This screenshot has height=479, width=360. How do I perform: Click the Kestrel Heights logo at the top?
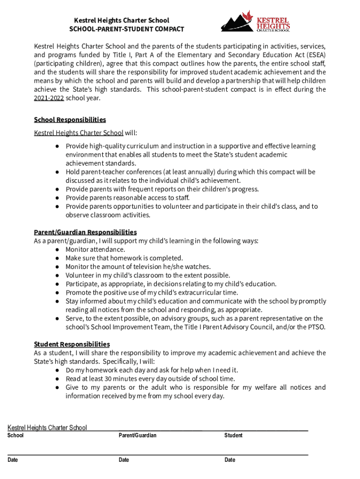click(255, 22)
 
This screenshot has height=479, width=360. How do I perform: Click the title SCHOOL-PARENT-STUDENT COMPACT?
click(127, 29)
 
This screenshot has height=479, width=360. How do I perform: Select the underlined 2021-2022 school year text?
click(49, 98)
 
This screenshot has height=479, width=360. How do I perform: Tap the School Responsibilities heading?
click(70, 120)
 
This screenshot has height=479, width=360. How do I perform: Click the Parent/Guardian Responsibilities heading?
click(85, 232)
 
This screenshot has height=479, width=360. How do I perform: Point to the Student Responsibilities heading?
click(72, 344)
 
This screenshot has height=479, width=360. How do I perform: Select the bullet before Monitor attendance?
click(57, 249)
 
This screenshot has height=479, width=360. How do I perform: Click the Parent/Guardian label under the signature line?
click(137, 435)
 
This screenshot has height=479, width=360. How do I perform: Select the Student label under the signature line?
click(233, 435)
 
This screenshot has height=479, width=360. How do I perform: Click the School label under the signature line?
click(15, 435)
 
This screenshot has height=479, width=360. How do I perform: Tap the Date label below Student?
click(230, 460)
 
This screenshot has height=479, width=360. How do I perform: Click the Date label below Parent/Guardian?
click(124, 460)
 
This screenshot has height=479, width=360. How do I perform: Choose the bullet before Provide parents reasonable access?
click(57, 198)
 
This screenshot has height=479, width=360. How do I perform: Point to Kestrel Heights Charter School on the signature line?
click(47, 428)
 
